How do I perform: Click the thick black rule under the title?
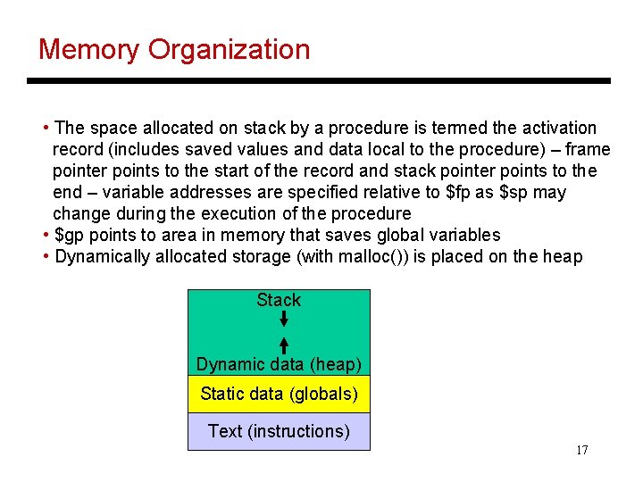(x=319, y=81)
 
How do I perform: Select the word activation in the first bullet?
(x=556, y=128)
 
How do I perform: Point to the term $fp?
(x=460, y=193)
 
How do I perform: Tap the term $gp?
(x=71, y=236)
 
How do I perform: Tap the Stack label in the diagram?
(x=279, y=300)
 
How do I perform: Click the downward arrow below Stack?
(x=283, y=319)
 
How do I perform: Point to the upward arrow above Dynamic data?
(x=283, y=345)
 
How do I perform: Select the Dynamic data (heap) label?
(x=279, y=364)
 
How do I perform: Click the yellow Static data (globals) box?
(x=279, y=394)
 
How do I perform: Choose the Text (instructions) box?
(x=279, y=431)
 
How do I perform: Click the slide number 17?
(x=581, y=450)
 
